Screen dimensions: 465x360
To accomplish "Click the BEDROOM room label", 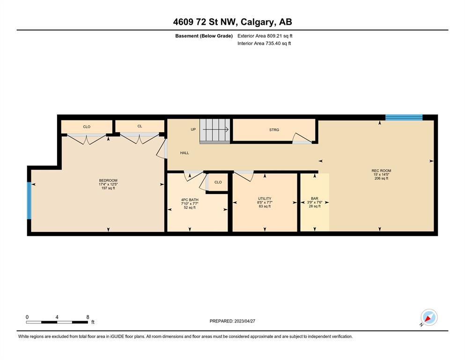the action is (x=108, y=180).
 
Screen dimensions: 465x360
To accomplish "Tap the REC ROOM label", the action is (x=381, y=171).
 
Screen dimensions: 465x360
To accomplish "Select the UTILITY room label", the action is (x=265, y=199).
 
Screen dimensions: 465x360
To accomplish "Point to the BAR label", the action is (x=315, y=199).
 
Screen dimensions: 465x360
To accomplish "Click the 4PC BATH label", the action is (x=190, y=200).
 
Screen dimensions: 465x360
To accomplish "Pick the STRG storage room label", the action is (x=274, y=130).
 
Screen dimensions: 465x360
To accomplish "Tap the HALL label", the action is (x=185, y=153).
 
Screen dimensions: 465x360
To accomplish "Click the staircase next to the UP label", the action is (x=215, y=131).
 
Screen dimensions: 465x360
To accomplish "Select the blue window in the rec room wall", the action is (x=404, y=117).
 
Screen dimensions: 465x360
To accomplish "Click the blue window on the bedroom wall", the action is (x=29, y=200).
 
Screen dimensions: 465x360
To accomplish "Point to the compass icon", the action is (x=429, y=317).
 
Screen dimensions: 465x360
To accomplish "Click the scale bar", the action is (x=57, y=322).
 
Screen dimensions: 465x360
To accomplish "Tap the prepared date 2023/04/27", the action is (x=244, y=321).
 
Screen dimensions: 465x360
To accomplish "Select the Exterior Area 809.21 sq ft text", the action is (x=265, y=36).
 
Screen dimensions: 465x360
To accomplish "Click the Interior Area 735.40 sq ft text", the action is (x=264, y=43).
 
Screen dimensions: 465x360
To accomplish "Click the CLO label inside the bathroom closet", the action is (x=218, y=182).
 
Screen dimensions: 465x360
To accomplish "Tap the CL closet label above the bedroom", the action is (x=140, y=126).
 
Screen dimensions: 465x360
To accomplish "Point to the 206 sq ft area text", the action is (x=381, y=179).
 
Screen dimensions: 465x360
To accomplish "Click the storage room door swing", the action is (x=302, y=138).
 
